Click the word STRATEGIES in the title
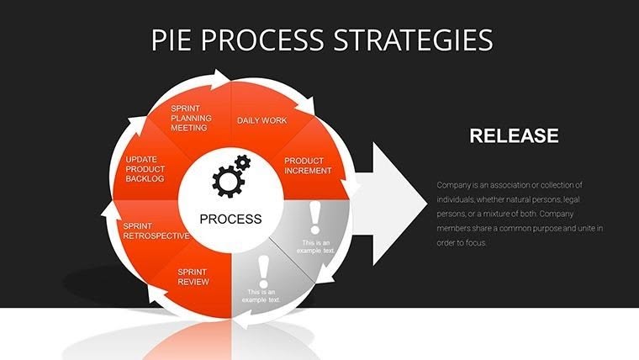point(419,40)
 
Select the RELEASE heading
point(514,136)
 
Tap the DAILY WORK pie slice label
point(261,120)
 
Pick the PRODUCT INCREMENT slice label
point(307,165)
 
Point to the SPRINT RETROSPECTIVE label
point(155,230)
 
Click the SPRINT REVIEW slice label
point(193,277)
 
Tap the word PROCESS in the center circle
point(230,219)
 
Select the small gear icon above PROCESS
point(242,161)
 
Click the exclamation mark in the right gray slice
point(315,218)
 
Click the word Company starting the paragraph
point(455,185)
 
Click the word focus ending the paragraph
point(477,242)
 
